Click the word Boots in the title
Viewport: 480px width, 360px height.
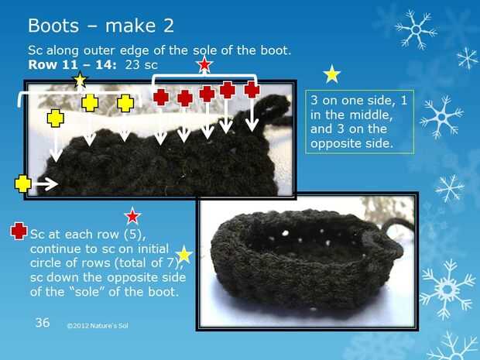click(53, 26)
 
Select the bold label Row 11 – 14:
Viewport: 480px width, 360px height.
click(72, 64)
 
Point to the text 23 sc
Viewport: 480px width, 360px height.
click(141, 64)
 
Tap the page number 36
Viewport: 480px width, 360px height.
click(43, 322)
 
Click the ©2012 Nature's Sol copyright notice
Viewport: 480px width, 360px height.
click(98, 326)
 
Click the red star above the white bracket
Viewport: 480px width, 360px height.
click(204, 64)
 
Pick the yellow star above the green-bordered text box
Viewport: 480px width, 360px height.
click(332, 74)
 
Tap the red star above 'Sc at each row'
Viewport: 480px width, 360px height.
click(132, 216)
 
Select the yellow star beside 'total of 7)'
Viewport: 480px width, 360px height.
click(184, 254)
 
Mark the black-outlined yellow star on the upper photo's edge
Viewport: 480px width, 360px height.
click(81, 81)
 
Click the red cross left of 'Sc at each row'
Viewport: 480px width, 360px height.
click(19, 231)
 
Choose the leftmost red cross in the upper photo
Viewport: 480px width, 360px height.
click(161, 98)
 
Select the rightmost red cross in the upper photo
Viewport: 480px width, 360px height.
click(252, 90)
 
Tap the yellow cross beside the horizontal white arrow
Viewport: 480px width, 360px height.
click(23, 183)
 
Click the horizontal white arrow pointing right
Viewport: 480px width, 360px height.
click(46, 184)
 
